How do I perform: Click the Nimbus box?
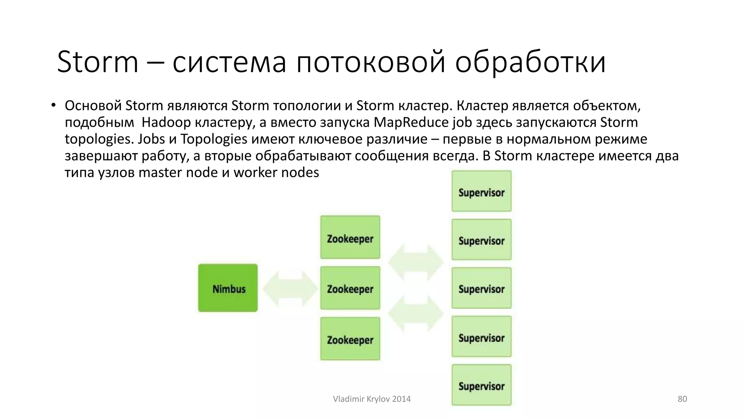pyautogui.click(x=228, y=288)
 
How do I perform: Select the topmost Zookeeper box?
pyautogui.click(x=350, y=237)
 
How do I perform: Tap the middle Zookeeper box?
pyautogui.click(x=350, y=288)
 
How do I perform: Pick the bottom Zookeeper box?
pyautogui.click(x=350, y=339)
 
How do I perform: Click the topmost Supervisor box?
pyautogui.click(x=481, y=191)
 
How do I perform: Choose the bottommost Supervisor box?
pyautogui.click(x=481, y=385)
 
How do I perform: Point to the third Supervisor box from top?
pyautogui.click(x=481, y=288)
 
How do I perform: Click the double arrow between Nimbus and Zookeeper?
pyautogui.click(x=290, y=288)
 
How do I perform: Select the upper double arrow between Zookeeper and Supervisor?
pyautogui.click(x=416, y=262)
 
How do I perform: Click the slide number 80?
pyautogui.click(x=682, y=399)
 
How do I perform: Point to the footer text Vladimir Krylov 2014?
pyautogui.click(x=372, y=399)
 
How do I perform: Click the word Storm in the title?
pyautogui.click(x=98, y=62)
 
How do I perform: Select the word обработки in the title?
pyautogui.click(x=530, y=62)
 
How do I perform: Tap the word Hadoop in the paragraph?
pyautogui.click(x=166, y=122)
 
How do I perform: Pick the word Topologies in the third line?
pyautogui.click(x=214, y=139)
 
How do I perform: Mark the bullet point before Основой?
pyautogui.click(x=53, y=105)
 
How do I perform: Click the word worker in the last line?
pyautogui.click(x=255, y=172)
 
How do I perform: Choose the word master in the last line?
pyautogui.click(x=160, y=172)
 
